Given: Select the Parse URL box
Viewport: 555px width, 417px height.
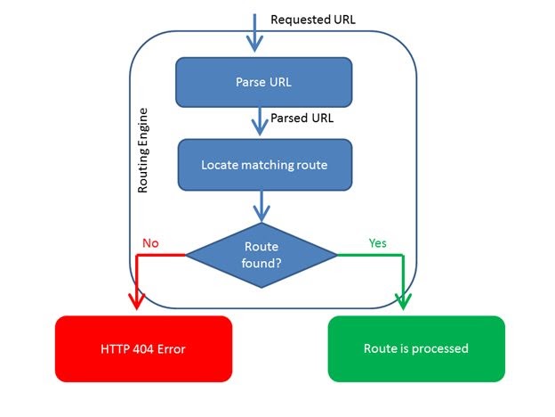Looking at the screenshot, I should tap(263, 82).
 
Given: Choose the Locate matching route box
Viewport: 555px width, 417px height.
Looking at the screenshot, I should tap(263, 165).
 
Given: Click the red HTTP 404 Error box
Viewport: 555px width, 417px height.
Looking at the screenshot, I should tap(144, 348).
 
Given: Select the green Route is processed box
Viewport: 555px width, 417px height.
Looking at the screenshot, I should tap(416, 348).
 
